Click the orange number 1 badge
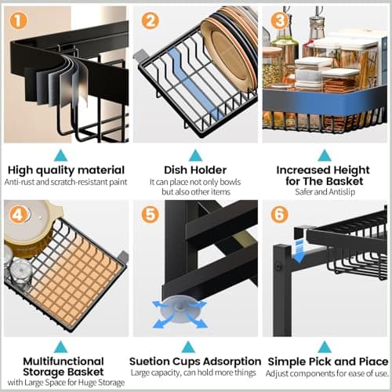pos(19,20)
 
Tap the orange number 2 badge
pos(150,20)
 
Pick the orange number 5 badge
pos(150,215)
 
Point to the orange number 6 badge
pos(279,215)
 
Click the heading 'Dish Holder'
pos(195,170)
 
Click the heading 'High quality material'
pos(66,170)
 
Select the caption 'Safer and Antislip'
pos(325,192)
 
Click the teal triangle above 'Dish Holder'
pos(195,155)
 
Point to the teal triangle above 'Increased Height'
pos(325,155)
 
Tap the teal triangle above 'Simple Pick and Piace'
pos(325,347)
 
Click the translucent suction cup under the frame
pos(180,309)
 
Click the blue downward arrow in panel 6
pos(299,252)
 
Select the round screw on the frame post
pos(278,267)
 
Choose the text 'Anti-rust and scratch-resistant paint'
pos(66,182)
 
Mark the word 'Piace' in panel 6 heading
pos(374,361)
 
